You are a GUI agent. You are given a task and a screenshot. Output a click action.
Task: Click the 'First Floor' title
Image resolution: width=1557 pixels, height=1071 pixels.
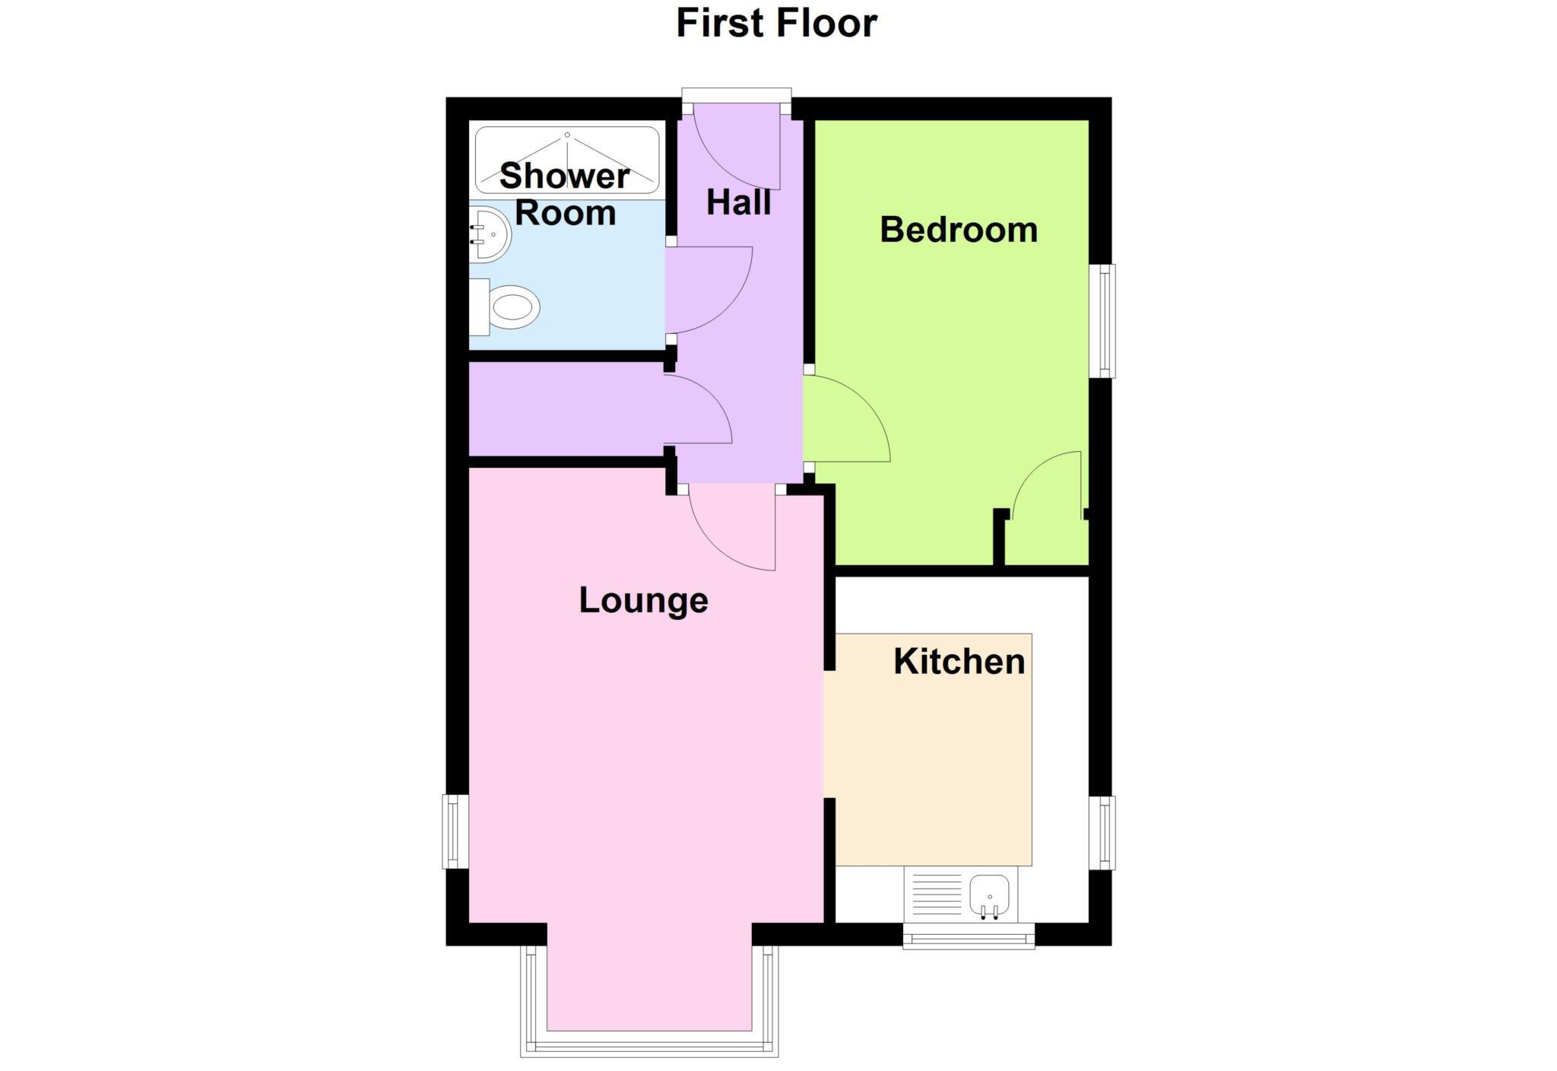(x=776, y=23)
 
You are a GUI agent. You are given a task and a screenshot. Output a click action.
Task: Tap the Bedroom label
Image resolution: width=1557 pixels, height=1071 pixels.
(x=958, y=230)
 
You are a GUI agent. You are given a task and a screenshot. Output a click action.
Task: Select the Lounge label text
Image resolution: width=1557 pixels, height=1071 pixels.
(x=643, y=600)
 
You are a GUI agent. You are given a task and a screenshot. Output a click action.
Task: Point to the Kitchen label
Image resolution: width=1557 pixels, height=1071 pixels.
(x=959, y=661)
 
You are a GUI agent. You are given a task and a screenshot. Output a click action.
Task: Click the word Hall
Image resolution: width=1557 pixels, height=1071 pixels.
(x=738, y=202)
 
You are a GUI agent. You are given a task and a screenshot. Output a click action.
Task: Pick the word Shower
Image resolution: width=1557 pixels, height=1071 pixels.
(x=564, y=176)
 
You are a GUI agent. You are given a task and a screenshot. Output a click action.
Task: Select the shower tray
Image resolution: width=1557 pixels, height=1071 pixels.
(x=567, y=160)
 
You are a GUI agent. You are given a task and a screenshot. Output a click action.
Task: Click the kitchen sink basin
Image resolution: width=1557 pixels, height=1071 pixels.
(x=989, y=895)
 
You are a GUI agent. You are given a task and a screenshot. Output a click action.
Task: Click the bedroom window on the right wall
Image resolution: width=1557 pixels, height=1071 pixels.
(x=1102, y=320)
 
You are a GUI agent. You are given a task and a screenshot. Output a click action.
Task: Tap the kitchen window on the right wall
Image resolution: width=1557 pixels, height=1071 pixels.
(x=1102, y=832)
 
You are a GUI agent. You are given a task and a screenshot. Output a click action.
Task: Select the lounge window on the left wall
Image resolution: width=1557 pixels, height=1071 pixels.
(x=455, y=831)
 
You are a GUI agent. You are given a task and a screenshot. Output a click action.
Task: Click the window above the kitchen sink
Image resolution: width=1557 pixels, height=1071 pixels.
(x=969, y=936)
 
